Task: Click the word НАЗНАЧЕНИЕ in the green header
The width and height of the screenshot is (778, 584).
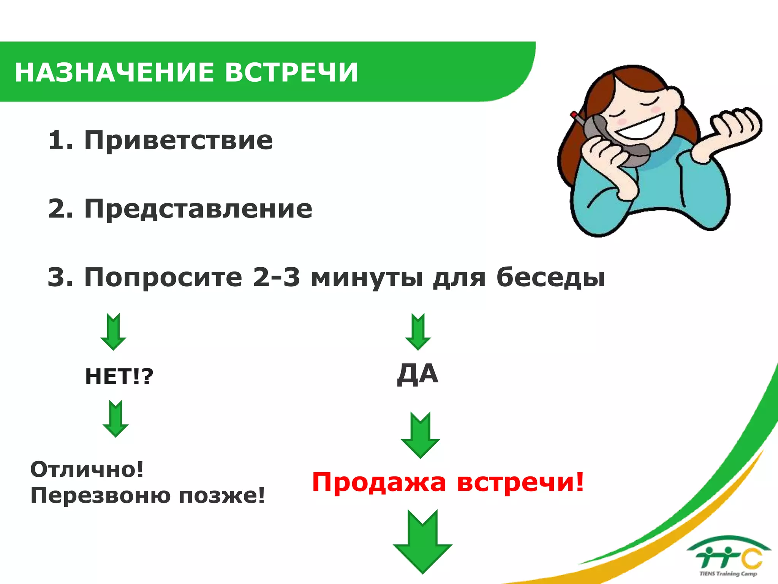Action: [x=114, y=72]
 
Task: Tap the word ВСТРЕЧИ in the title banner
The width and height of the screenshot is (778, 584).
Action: [x=291, y=72]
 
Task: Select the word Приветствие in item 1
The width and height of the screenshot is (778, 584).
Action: [x=179, y=140]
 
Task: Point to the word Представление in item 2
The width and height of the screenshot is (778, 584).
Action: [x=198, y=209]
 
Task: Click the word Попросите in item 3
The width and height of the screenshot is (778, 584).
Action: [x=163, y=278]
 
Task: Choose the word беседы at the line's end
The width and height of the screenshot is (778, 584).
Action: [x=551, y=278]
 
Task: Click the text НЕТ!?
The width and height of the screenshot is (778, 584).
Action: [x=119, y=376]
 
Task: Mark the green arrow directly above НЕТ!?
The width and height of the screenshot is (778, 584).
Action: [x=113, y=332]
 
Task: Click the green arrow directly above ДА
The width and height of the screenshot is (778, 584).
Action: [x=418, y=332]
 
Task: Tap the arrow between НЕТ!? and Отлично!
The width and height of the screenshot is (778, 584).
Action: [x=115, y=418]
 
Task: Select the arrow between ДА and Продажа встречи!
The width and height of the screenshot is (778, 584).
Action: [x=420, y=435]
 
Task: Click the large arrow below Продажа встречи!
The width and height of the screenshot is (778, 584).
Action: [x=422, y=541]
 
